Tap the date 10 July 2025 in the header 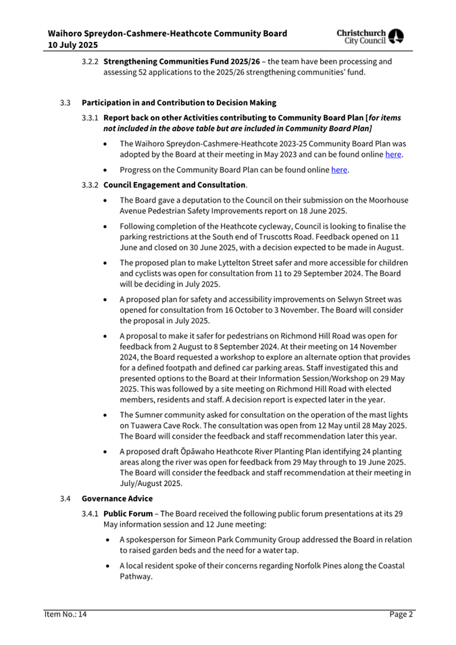(73, 45)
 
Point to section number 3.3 (65, 103)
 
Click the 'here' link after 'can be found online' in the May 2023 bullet (392, 155)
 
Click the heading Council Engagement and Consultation (174, 185)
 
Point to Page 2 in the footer (401, 614)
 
